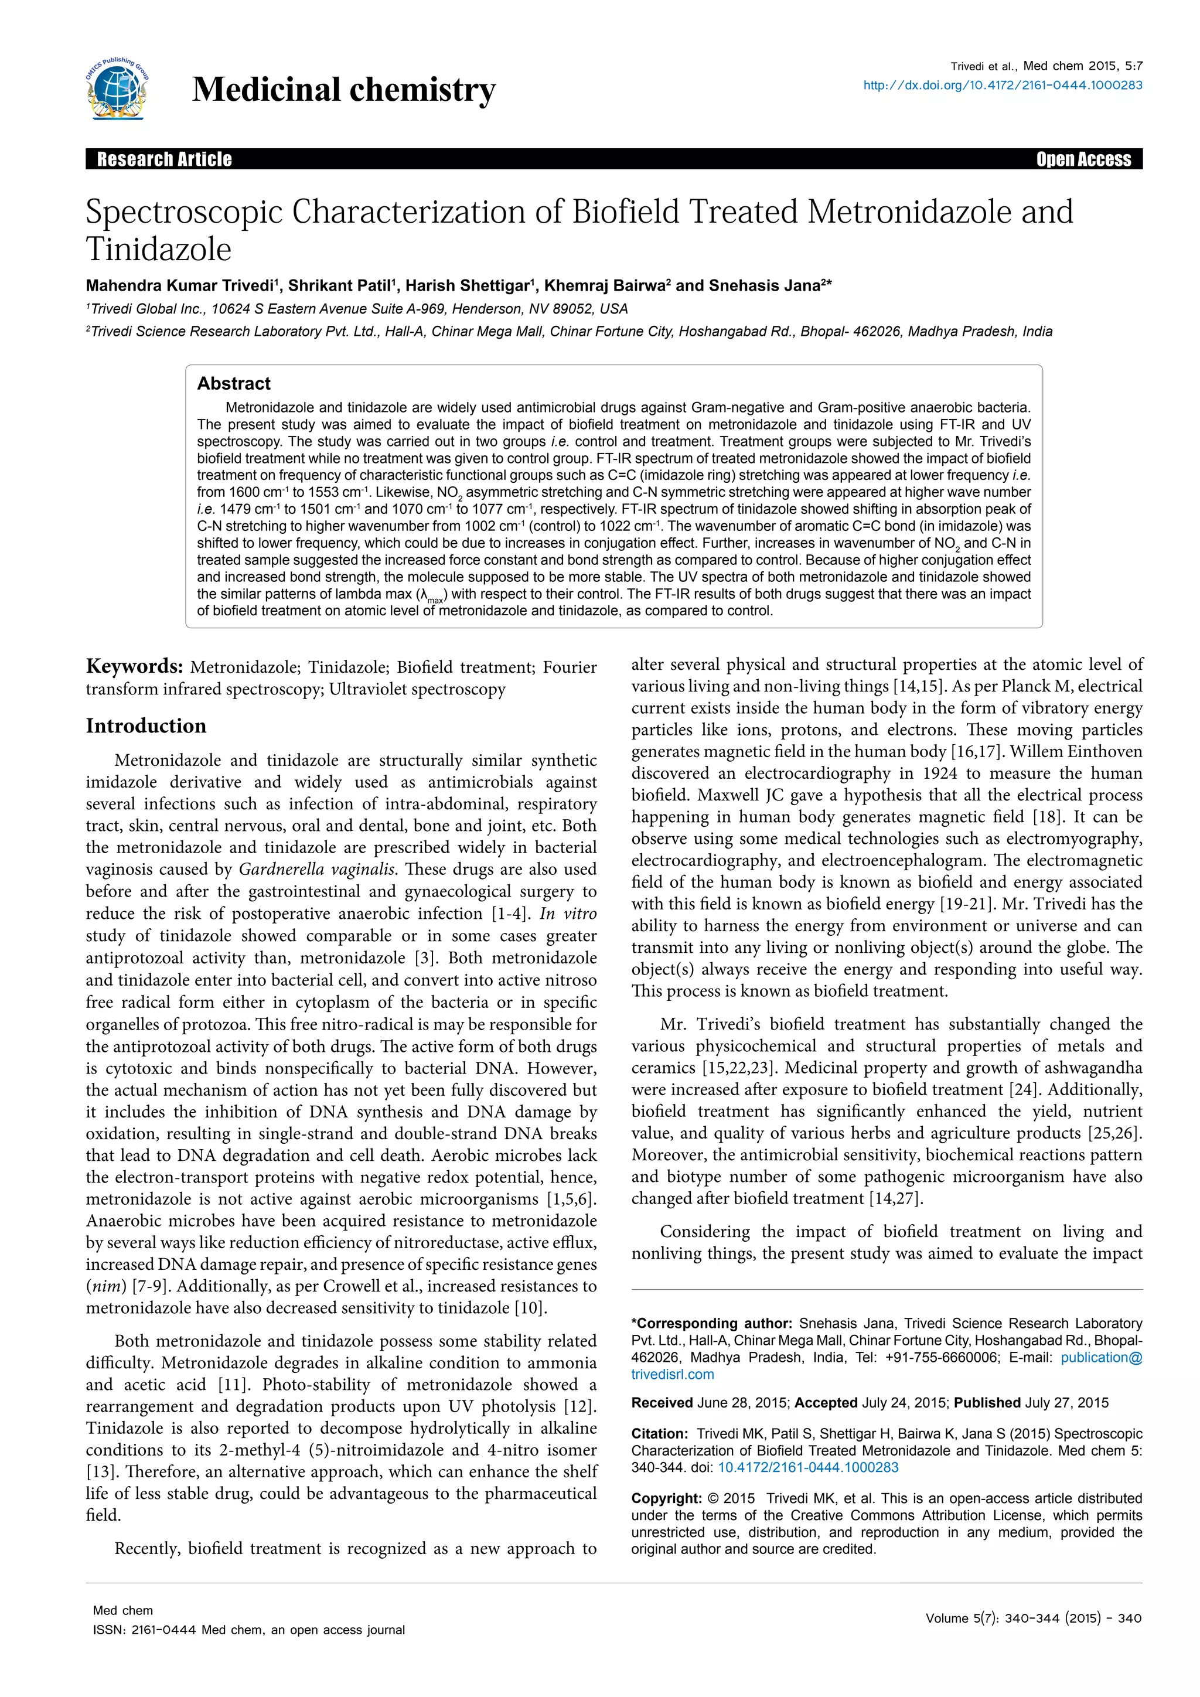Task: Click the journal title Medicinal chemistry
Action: pyautogui.click(x=343, y=90)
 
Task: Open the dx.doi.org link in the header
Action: pyautogui.click(x=1003, y=85)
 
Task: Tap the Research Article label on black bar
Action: pyautogui.click(x=164, y=159)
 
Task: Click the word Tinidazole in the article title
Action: pyautogui.click(x=158, y=249)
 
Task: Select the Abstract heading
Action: pyautogui.click(x=234, y=384)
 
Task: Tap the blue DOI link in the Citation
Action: pyautogui.click(x=807, y=1468)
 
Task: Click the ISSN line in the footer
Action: pyautogui.click(x=248, y=1630)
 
